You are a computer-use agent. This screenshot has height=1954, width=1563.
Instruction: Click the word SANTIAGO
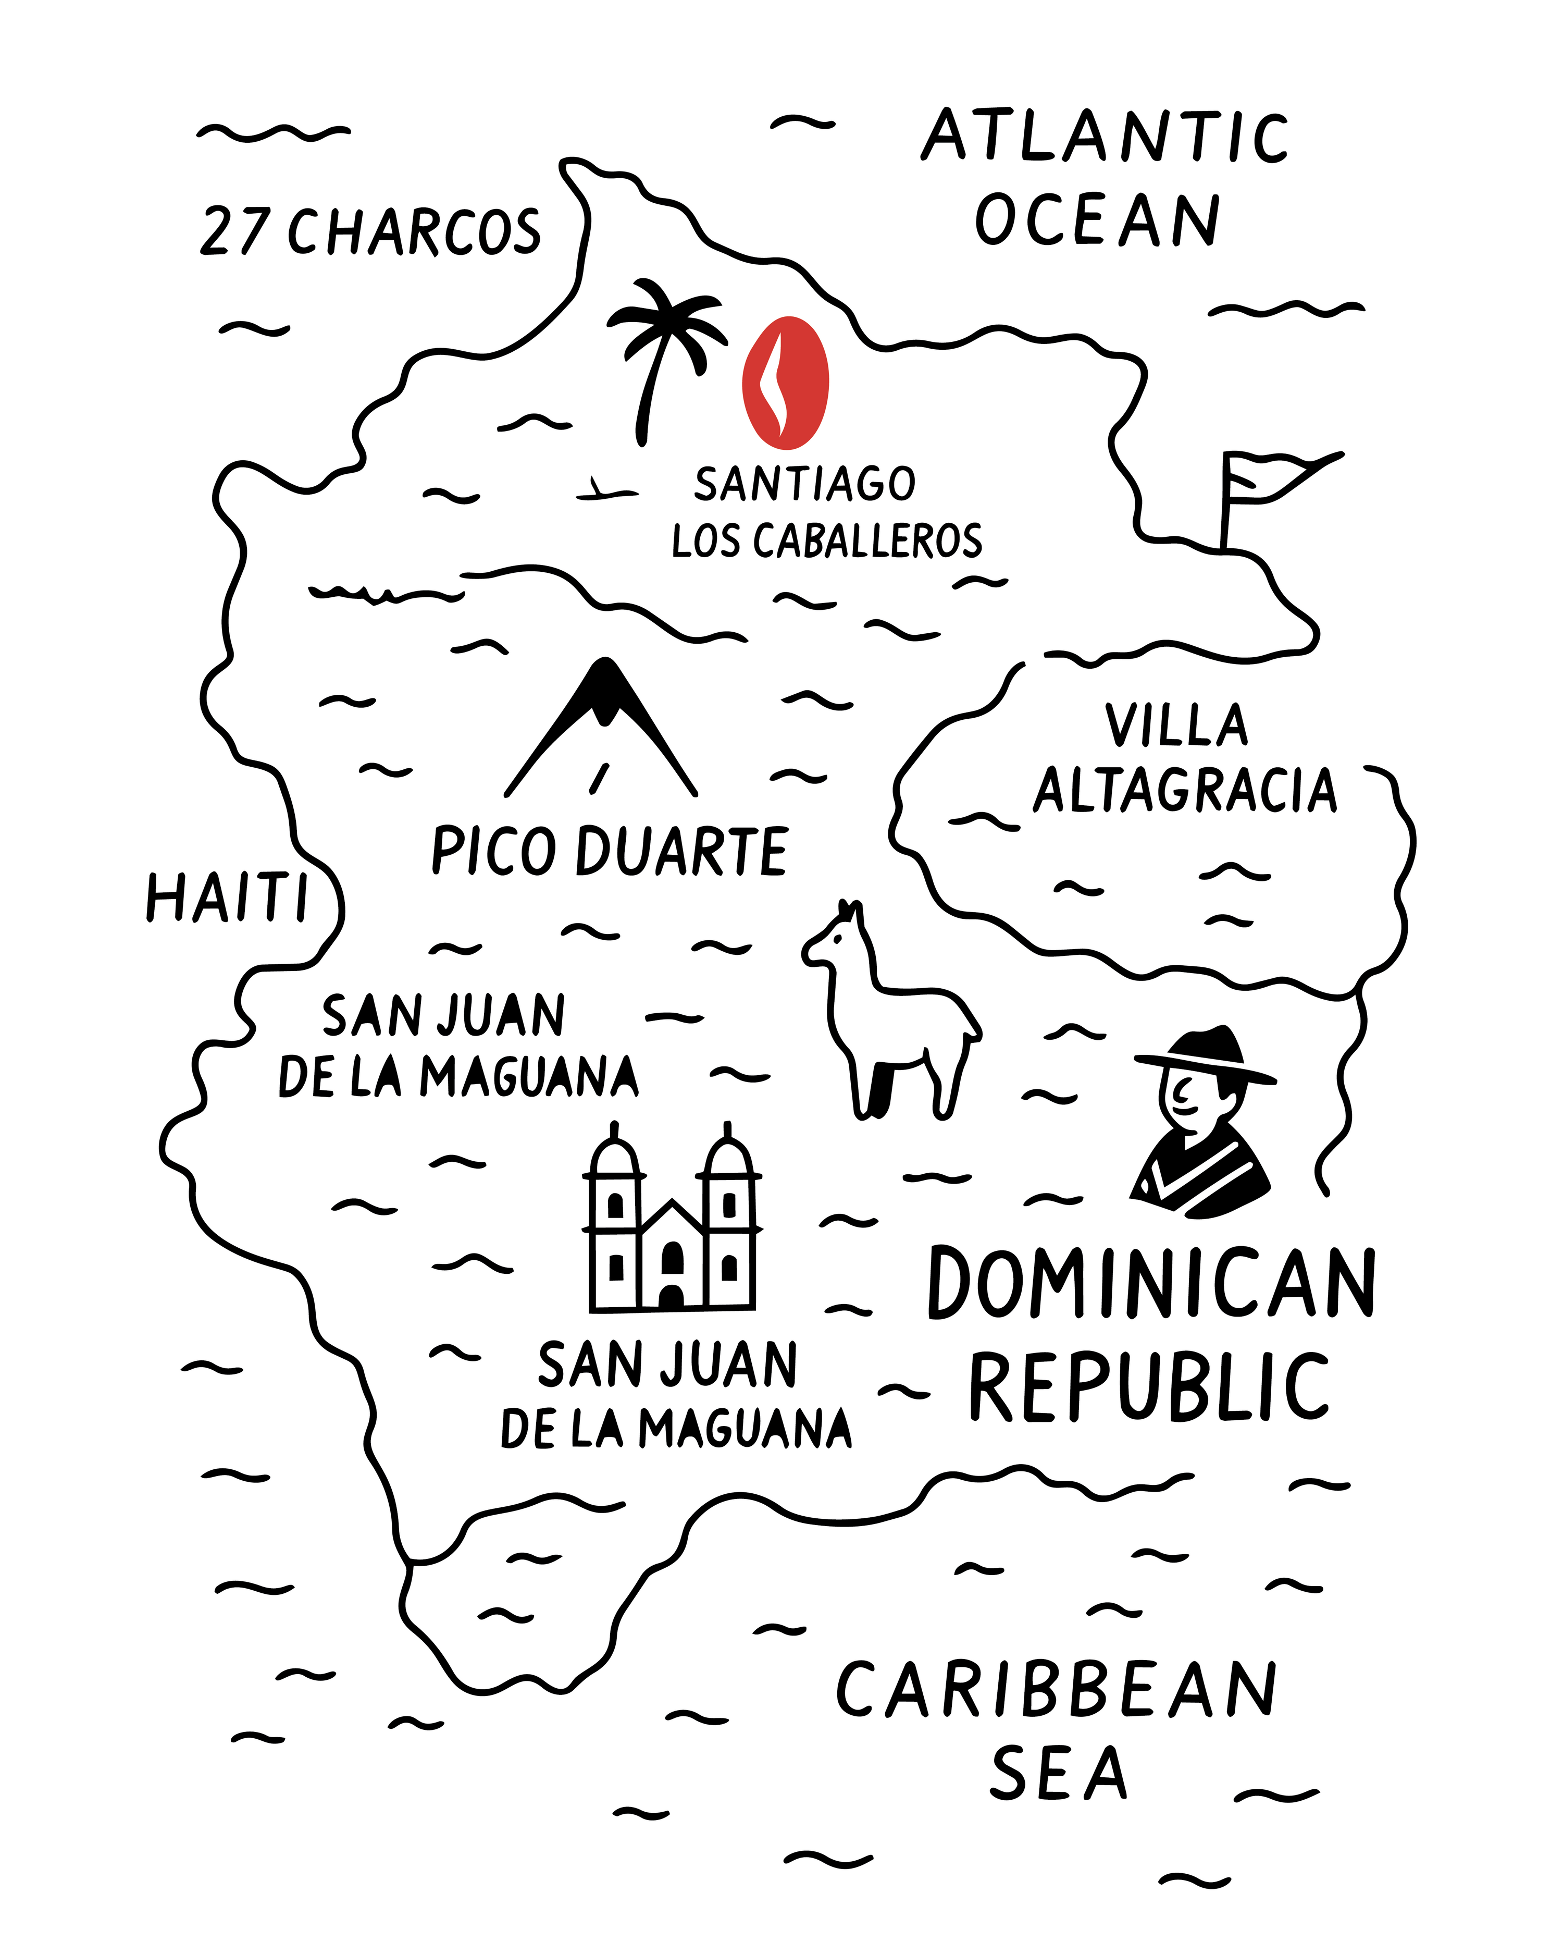(x=804, y=484)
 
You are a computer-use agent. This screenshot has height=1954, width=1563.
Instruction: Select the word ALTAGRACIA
(x=1185, y=790)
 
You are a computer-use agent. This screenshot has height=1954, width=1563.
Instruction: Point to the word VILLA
(x=1176, y=725)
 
